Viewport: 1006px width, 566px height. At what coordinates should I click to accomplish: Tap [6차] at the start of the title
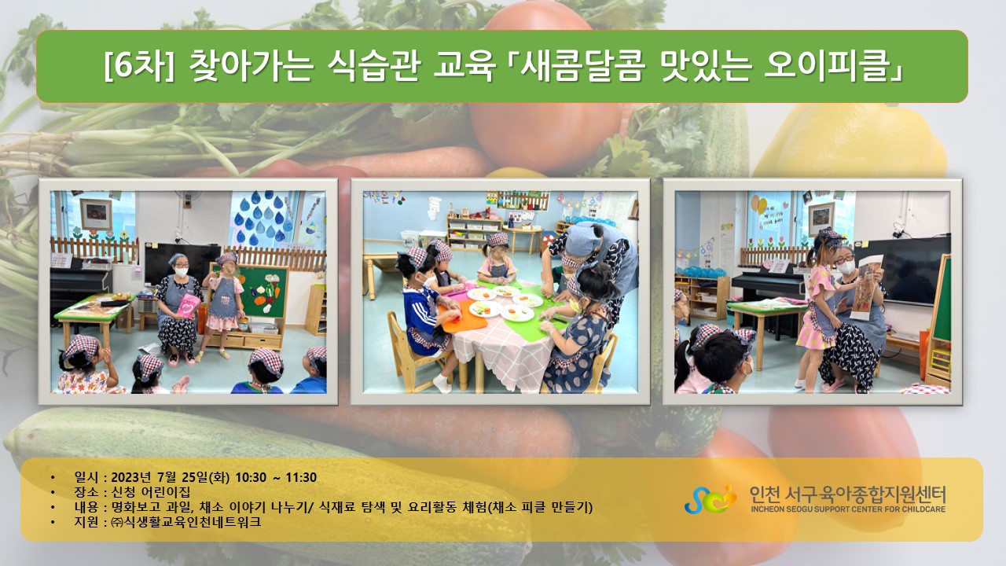pyautogui.click(x=138, y=67)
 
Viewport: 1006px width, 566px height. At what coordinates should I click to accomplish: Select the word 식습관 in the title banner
pyautogui.click(x=373, y=67)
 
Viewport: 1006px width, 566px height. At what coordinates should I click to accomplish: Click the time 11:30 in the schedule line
pyautogui.click(x=301, y=477)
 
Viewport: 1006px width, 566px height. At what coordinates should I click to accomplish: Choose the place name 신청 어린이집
pyautogui.click(x=150, y=492)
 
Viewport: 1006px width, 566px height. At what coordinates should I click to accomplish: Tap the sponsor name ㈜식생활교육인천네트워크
pyautogui.click(x=186, y=522)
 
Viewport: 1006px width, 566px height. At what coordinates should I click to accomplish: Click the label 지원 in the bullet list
pyautogui.click(x=86, y=522)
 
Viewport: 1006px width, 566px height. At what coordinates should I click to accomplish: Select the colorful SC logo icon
pyautogui.click(x=710, y=499)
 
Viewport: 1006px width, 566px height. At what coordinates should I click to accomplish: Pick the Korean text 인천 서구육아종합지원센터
pyautogui.click(x=847, y=494)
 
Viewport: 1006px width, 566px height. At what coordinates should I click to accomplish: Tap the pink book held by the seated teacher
pyautogui.click(x=188, y=306)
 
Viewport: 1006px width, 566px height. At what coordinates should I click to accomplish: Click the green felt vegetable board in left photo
pyautogui.click(x=262, y=292)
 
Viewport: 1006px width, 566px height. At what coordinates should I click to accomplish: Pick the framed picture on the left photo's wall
pyautogui.click(x=96, y=215)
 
